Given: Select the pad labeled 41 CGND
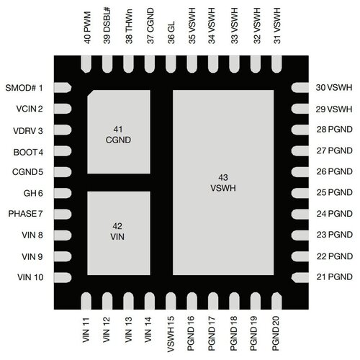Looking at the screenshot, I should coord(118,132).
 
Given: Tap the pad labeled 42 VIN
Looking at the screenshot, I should coord(118,230).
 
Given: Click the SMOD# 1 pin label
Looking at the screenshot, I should coord(24,88).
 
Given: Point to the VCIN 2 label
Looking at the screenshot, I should coord(28,109).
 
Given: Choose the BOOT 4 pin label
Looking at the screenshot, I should coord(28,152).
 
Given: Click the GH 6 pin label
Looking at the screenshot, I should coord(35,194).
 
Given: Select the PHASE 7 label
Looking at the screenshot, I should coord(27,215).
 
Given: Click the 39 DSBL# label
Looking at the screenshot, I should coord(108,27).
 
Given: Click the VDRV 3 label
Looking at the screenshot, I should coord(28,130).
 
